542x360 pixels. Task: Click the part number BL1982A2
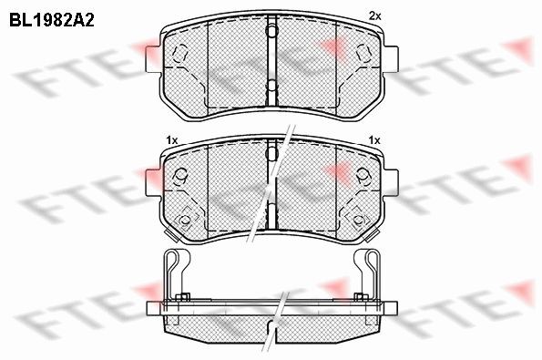click(x=52, y=20)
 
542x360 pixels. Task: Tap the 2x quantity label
click(x=374, y=15)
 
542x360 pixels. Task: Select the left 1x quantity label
click(x=172, y=140)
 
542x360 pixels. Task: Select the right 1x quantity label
click(x=374, y=140)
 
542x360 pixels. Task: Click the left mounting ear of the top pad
click(x=154, y=59)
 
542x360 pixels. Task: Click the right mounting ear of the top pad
click(x=391, y=59)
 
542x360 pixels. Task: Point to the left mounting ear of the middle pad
click(x=154, y=182)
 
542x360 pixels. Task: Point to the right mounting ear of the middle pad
click(x=391, y=182)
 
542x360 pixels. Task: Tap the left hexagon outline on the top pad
click(x=180, y=53)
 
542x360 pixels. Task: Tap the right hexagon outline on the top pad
click(x=363, y=53)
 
